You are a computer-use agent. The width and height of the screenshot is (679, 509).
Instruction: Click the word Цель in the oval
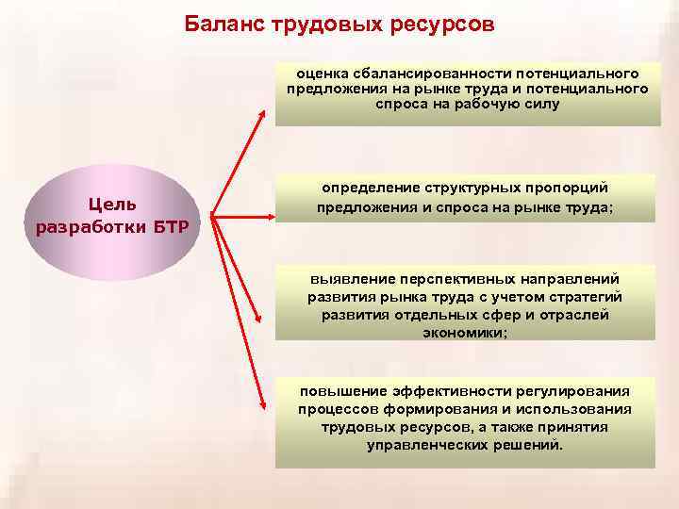pos(111,204)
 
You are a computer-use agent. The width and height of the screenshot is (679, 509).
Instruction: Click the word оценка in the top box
pos(323,73)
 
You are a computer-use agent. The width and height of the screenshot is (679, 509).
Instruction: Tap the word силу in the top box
pos(543,105)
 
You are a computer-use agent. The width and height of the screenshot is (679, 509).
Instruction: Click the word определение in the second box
pos(369,189)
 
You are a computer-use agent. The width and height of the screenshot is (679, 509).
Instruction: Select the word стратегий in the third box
pos(588,297)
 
